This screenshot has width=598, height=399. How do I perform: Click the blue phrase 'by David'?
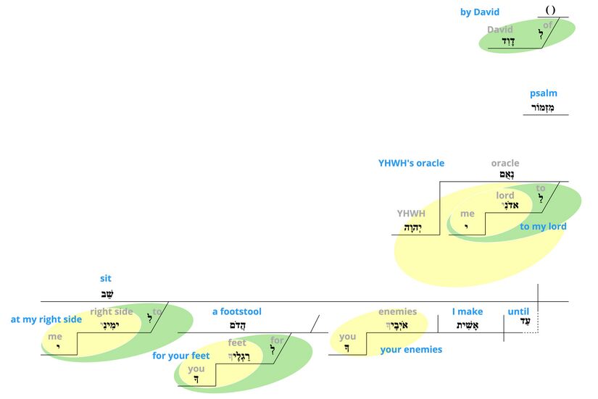pos(479,12)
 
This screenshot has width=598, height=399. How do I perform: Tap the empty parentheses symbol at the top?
pos(550,10)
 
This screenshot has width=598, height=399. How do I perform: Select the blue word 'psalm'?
pos(544,93)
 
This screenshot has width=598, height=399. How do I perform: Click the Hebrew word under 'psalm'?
pos(544,107)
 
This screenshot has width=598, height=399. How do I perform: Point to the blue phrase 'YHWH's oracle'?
pos(411,163)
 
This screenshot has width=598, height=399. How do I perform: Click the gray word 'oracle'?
pos(505,163)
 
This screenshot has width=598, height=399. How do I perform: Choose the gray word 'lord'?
pos(505,196)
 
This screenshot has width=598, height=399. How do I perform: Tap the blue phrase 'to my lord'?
pos(543,227)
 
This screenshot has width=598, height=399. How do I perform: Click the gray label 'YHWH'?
pos(411,214)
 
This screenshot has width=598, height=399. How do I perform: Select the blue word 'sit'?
pos(106,278)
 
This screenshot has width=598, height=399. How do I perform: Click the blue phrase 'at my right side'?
pos(46,319)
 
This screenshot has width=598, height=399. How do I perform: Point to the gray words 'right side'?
pos(112,312)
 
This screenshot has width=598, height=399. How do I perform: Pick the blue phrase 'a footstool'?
pos(236,312)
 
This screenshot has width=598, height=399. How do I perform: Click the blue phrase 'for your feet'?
pos(180,356)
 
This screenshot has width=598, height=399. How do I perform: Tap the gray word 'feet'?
pos(237,343)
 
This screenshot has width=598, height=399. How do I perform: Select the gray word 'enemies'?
pos(397,312)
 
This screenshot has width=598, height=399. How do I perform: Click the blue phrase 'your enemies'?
pos(411,350)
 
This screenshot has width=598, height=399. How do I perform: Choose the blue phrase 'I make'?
pos(468,312)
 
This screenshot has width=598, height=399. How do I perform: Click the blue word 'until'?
pos(519,312)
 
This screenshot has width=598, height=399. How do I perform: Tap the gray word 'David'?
pos(500,30)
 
